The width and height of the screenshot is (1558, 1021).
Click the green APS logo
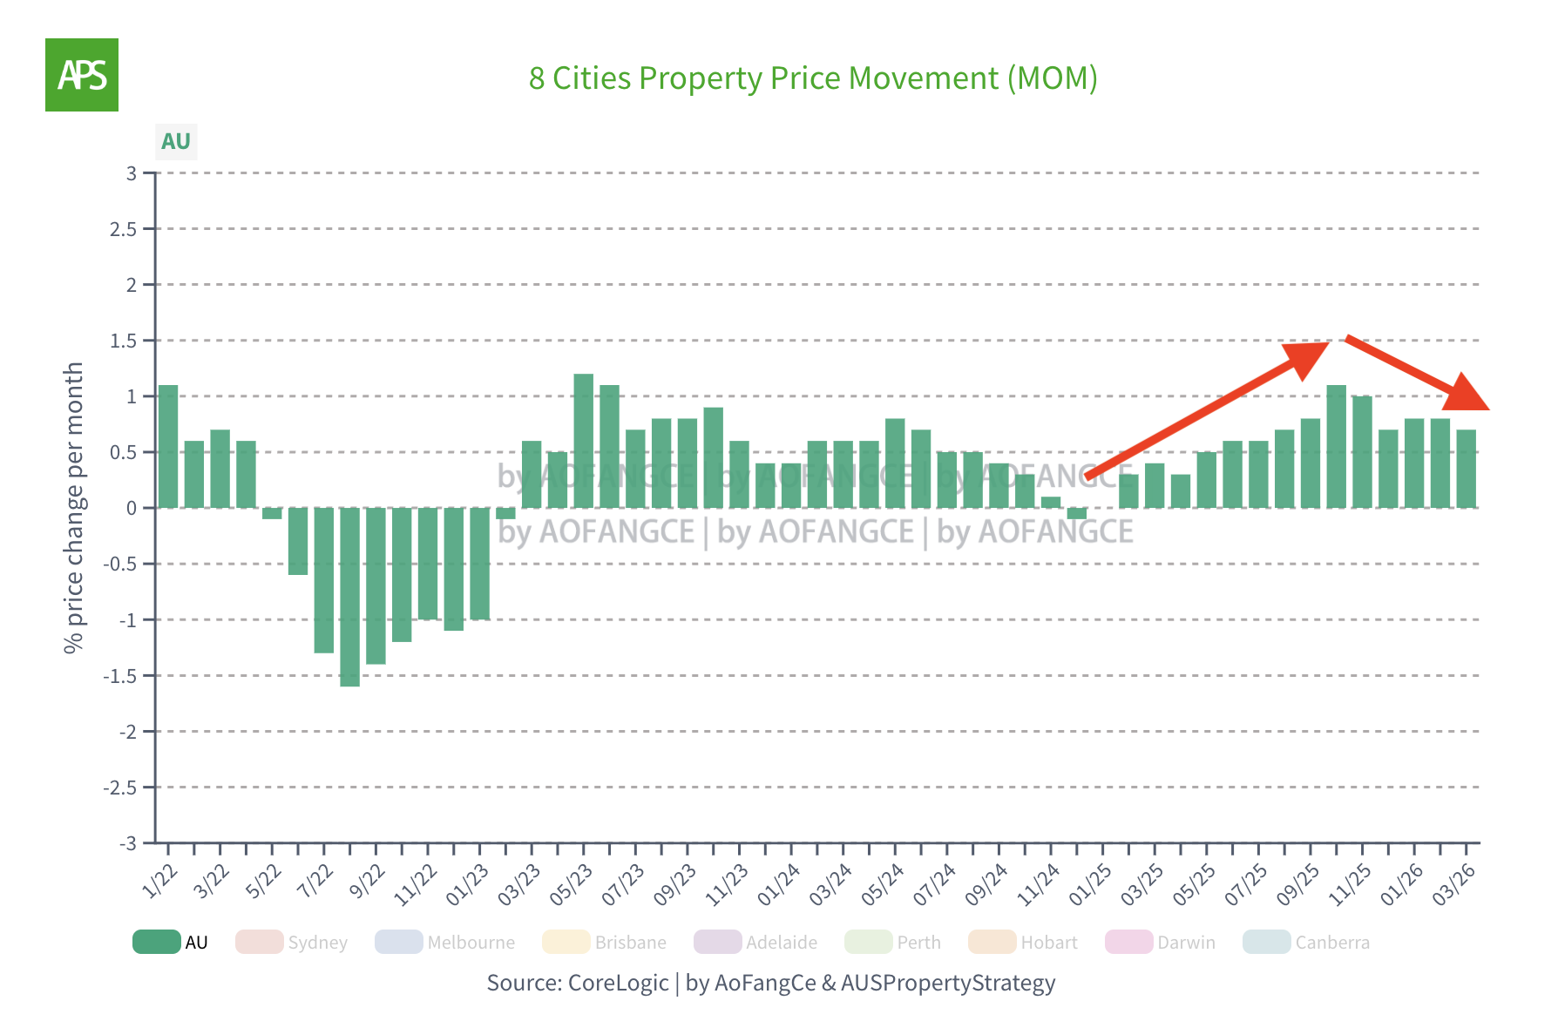point(82,75)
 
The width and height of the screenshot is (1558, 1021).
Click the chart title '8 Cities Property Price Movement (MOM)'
point(812,78)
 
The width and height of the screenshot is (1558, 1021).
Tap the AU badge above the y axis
point(176,141)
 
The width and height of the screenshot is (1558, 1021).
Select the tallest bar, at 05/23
point(583,441)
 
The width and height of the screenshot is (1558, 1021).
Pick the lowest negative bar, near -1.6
point(349,597)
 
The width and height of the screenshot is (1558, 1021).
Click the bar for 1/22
point(168,446)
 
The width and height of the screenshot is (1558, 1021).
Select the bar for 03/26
point(1467,469)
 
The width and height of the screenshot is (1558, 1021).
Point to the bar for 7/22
point(324,580)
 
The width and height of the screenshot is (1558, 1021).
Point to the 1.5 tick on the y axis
point(124,341)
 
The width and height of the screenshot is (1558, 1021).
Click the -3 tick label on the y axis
point(128,843)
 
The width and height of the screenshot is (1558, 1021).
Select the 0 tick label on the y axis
point(132,508)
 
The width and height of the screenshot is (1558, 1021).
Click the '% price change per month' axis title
point(74,508)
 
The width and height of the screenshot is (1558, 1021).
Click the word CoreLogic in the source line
point(618,983)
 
